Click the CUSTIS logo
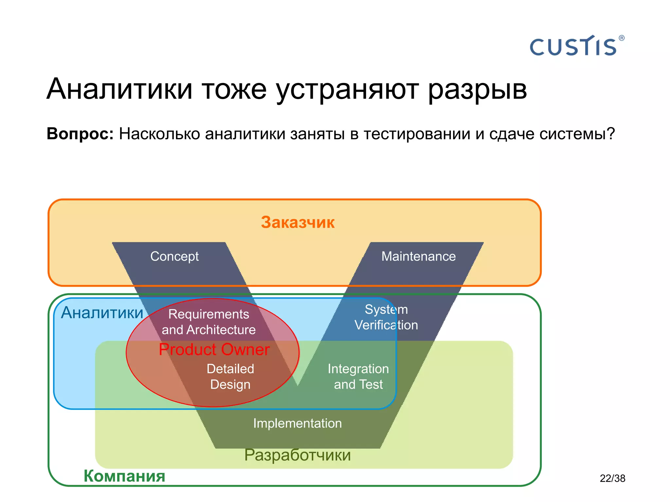[x=573, y=47]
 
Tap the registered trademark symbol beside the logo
[x=622, y=38]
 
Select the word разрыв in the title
[x=477, y=90]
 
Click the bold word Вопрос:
[x=80, y=134]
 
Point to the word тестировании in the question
[x=417, y=134]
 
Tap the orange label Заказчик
[x=297, y=222]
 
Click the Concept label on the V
[x=174, y=256]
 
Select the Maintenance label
[x=418, y=256]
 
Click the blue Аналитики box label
[x=102, y=312]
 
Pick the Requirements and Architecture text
[x=209, y=322]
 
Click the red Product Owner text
[x=214, y=349]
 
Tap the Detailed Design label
[x=230, y=376]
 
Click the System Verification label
[x=386, y=317]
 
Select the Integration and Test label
[x=358, y=376]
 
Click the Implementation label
[x=297, y=423]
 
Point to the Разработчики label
[x=297, y=455]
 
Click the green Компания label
[x=124, y=476]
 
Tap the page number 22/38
[x=612, y=478]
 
